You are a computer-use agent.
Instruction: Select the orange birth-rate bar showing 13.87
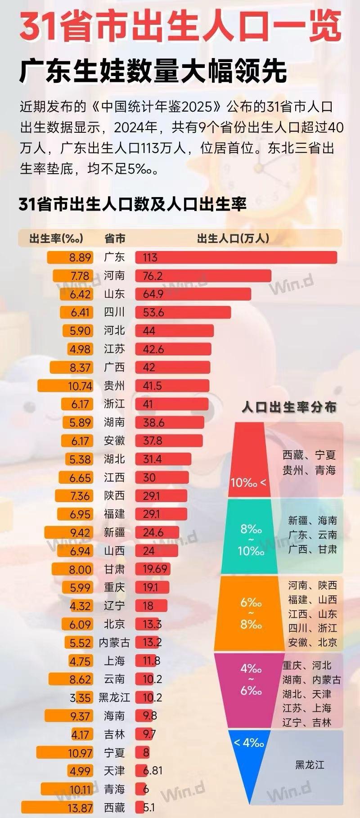[57, 808]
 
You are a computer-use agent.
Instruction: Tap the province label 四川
[114, 312]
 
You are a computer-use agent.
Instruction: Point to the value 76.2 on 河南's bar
[153, 276]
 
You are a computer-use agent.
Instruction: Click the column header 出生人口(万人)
[233, 238]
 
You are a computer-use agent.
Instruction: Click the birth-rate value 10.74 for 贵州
[80, 386]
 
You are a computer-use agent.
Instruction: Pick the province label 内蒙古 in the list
[114, 643]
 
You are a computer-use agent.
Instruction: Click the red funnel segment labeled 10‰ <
[249, 463]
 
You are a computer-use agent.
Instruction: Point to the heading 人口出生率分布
[289, 407]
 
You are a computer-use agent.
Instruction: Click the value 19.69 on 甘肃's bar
[155, 569]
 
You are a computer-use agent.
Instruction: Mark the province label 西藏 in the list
[114, 808]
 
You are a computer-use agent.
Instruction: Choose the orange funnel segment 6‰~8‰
[251, 613]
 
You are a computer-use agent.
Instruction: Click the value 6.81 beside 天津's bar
[153, 771]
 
